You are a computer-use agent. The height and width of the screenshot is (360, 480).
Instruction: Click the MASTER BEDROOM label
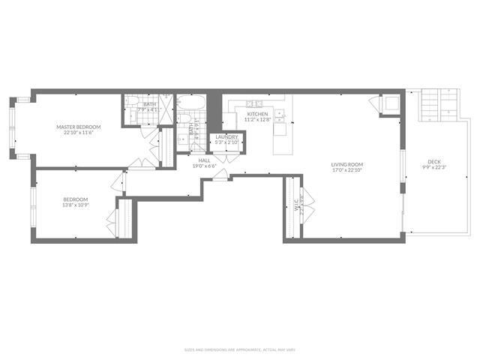pos(78,127)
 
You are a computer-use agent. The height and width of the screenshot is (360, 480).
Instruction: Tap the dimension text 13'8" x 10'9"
pos(75,205)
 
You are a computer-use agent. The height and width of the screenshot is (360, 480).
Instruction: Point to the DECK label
pos(434,161)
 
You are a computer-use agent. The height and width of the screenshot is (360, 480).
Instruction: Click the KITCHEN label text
pos(257,114)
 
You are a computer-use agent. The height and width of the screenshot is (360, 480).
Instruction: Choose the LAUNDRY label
pos(227,136)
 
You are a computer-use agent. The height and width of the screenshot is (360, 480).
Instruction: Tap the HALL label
pos(204,160)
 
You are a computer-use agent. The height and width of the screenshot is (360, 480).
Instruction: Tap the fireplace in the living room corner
pos(389,104)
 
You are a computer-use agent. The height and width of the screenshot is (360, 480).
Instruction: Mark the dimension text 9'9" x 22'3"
pos(434,167)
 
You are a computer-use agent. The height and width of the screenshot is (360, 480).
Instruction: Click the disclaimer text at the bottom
pos(239,349)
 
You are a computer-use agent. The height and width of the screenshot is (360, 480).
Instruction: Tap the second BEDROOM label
pos(75,199)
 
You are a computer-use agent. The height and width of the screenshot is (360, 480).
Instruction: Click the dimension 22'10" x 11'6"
pos(78,133)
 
